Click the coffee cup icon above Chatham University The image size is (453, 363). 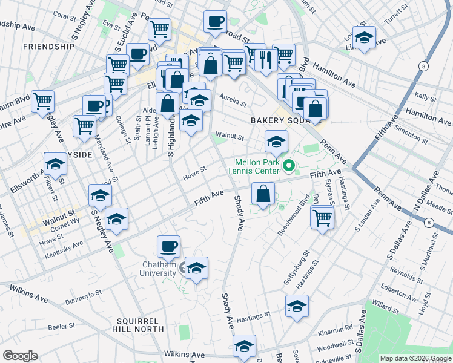(168, 246)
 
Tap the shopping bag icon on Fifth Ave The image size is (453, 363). (263, 194)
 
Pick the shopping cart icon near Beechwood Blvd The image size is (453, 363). (322, 217)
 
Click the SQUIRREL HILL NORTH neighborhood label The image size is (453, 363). (142, 325)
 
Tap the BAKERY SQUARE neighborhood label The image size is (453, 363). (277, 120)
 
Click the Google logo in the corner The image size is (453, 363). (20, 356)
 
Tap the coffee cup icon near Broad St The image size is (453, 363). (215, 22)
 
